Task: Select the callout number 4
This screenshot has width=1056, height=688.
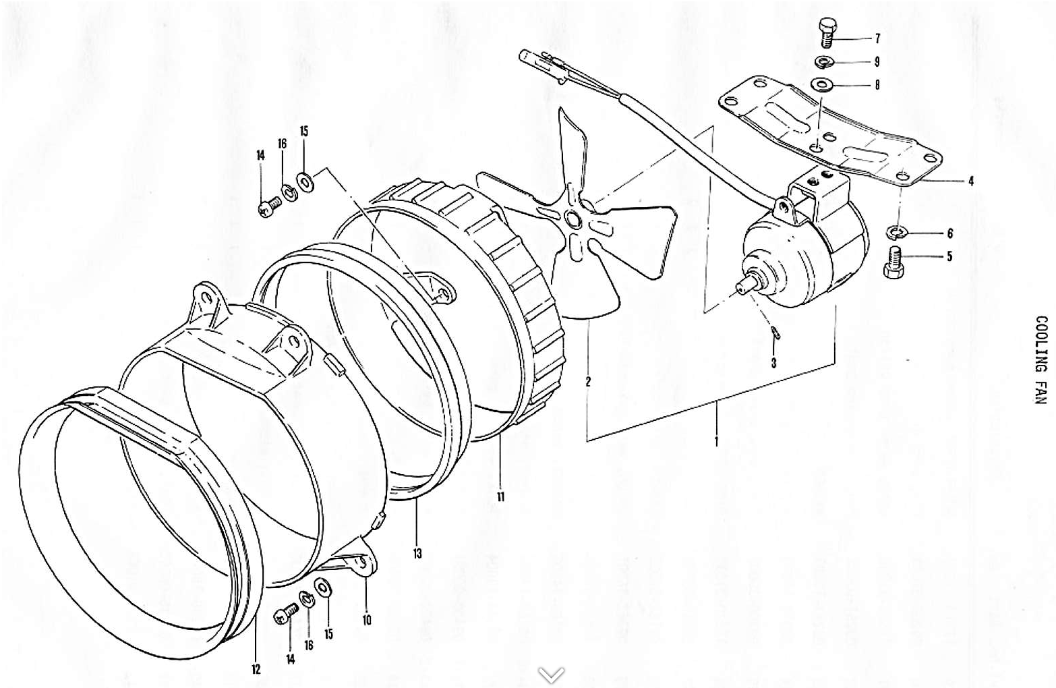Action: point(971,181)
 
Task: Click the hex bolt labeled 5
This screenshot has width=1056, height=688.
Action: point(893,262)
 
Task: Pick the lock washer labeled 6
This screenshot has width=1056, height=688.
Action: point(896,233)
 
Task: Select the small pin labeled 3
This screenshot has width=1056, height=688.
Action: point(775,333)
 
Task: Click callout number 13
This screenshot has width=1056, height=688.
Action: point(417,553)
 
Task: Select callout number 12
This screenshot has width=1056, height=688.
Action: point(256,669)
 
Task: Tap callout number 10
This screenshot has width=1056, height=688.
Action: point(367,619)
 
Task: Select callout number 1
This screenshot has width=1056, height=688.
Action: point(716,442)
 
